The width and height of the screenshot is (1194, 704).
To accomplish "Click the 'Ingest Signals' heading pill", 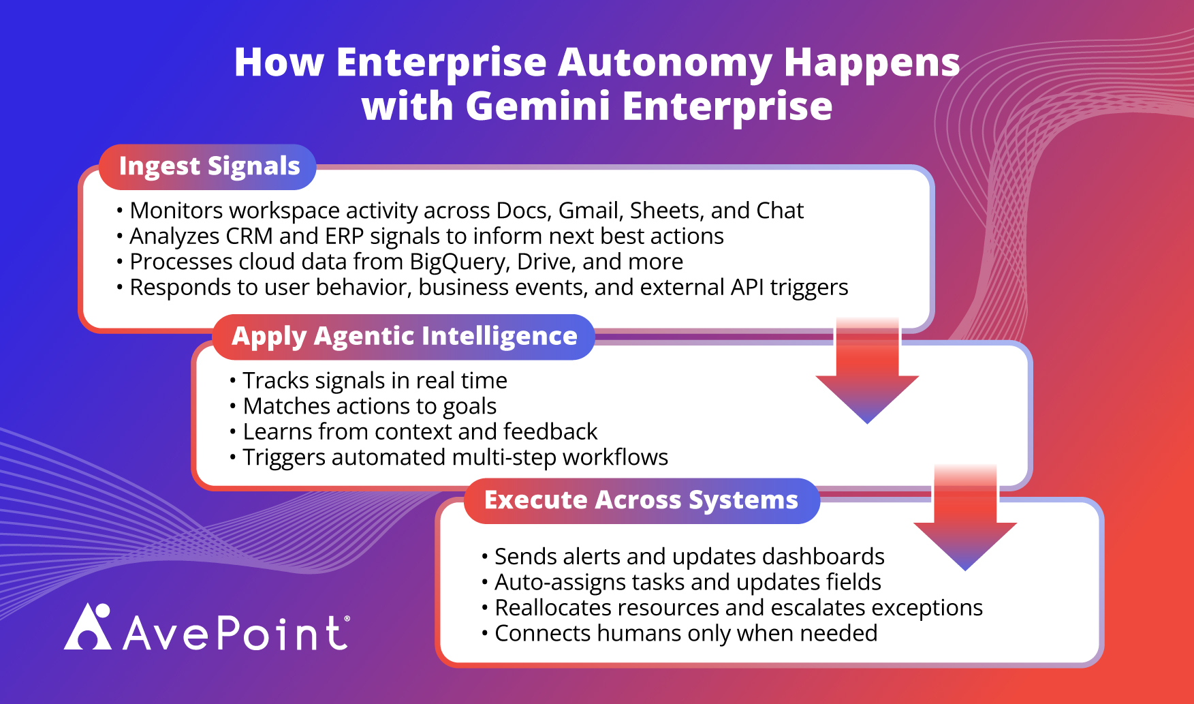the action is coord(208,166).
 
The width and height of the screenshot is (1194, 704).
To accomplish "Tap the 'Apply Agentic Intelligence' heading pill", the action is coord(404,337).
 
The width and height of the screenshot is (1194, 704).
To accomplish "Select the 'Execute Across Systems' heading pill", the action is coord(641,500).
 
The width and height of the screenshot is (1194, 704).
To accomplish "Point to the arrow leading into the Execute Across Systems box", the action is coord(965,518).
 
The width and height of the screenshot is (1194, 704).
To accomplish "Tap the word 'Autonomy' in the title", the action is coord(665,63).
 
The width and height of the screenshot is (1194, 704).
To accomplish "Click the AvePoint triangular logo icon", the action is coord(88,626).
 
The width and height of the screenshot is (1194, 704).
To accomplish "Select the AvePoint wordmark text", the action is coord(236,632).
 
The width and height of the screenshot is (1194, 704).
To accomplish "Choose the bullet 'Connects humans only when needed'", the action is coord(680,633).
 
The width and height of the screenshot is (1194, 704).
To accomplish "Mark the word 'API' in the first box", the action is coord(747,288).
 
